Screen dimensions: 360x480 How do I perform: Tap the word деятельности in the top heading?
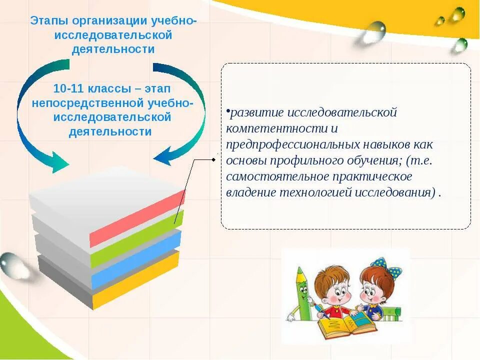point(113,49)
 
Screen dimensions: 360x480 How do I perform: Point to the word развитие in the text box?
point(251,112)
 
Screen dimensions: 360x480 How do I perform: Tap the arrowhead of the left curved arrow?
point(61,163)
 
